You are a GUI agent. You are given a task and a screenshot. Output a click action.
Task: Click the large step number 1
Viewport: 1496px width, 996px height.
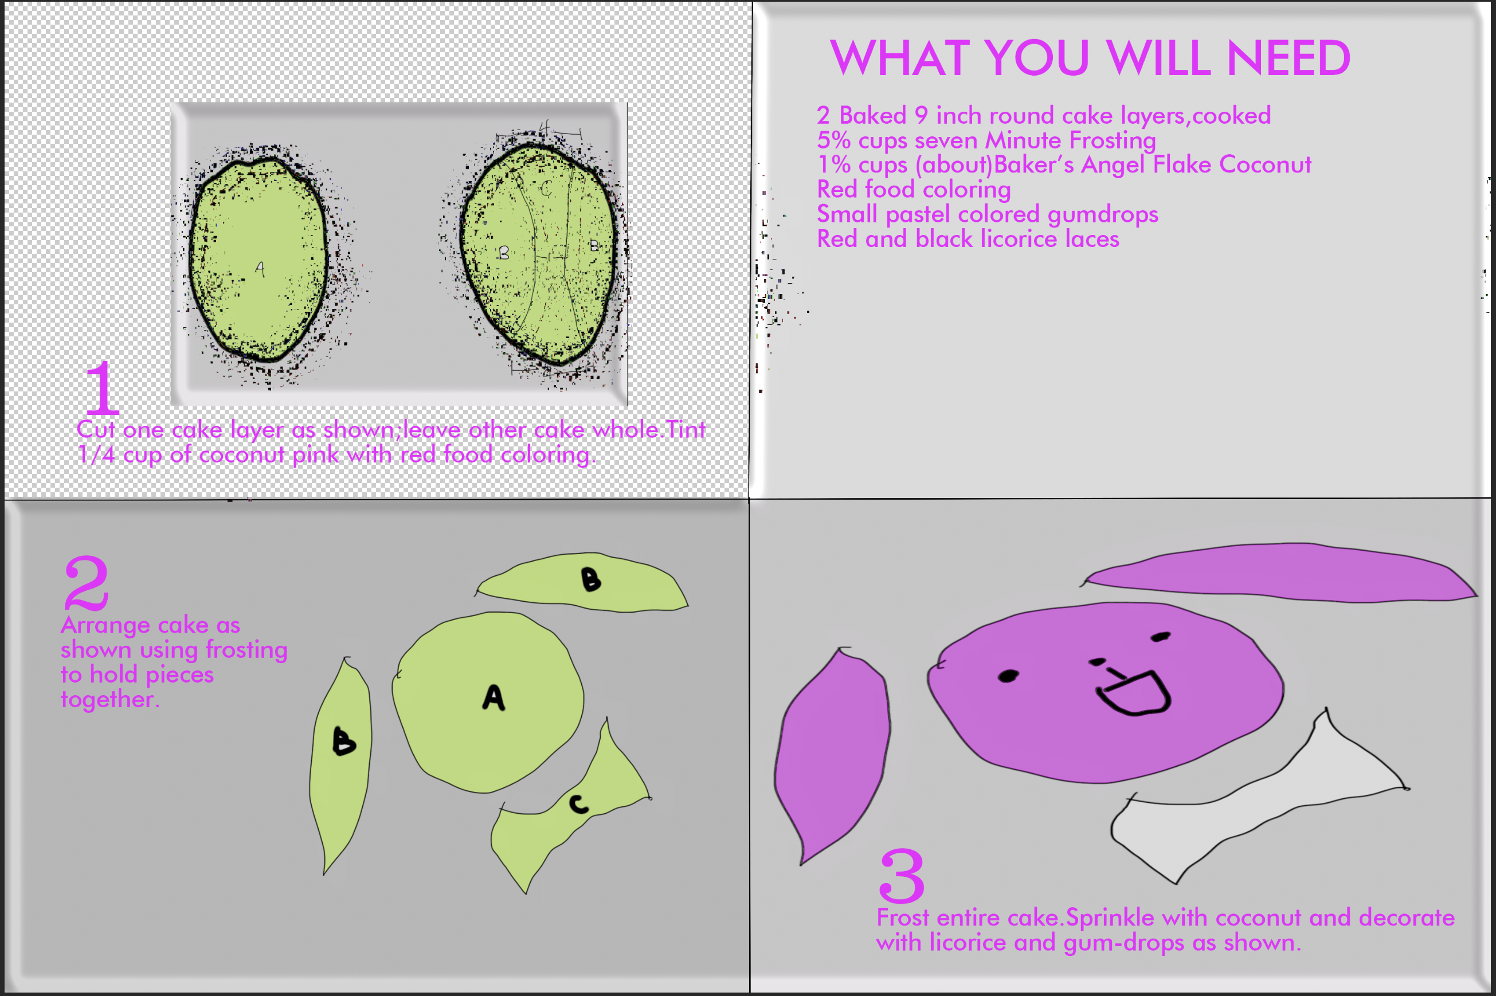(102, 387)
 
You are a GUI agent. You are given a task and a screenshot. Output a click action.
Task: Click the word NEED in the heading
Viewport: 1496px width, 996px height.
(1289, 58)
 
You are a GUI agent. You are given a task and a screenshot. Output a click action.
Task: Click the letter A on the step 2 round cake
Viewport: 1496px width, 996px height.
(494, 697)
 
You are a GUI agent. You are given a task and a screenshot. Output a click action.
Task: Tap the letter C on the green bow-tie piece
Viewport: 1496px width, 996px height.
(579, 804)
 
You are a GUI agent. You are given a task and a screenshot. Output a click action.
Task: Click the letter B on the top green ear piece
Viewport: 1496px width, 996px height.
(591, 579)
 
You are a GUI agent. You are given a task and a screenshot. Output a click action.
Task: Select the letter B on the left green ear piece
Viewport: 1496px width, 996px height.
(344, 742)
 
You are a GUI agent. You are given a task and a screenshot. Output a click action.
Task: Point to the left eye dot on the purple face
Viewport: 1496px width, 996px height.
(1008, 676)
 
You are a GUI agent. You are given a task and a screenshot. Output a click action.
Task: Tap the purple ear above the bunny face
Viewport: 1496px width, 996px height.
(1280, 572)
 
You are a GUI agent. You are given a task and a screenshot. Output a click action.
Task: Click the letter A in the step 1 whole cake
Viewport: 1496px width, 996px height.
(260, 269)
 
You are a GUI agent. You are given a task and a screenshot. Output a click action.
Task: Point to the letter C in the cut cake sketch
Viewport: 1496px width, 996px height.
(546, 189)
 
